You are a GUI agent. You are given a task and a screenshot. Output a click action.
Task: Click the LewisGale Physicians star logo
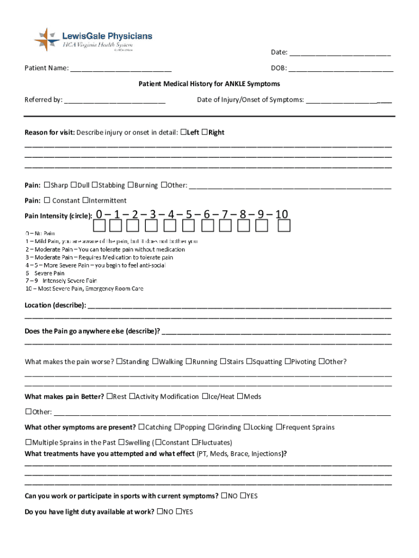[47, 40]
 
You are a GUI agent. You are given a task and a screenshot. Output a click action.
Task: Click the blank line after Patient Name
[121, 69]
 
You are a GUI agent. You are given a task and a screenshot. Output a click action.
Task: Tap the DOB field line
[341, 69]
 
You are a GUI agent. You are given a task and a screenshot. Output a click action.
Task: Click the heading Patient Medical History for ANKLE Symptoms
[209, 84]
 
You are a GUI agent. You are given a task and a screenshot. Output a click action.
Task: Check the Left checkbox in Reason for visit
[183, 132]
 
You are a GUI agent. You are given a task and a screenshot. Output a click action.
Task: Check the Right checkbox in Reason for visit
[205, 132]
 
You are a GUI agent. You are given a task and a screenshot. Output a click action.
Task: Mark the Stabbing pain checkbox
[95, 185]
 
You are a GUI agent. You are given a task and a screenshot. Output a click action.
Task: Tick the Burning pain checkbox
[131, 185]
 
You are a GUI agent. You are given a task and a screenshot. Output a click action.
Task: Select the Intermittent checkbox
[85, 200]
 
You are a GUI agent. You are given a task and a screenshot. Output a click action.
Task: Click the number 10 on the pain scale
[281, 214]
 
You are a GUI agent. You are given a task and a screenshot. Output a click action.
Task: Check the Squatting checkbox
[250, 361]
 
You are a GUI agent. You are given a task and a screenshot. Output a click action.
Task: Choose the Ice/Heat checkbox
[205, 396]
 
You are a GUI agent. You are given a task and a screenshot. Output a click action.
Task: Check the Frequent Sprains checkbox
[279, 427]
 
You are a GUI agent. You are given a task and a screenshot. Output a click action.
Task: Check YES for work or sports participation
[243, 496]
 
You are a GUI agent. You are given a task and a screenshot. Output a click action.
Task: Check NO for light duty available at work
[159, 512]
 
